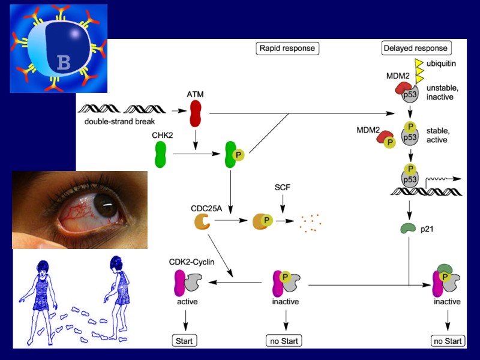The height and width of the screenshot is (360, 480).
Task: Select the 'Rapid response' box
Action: pyautogui.click(x=286, y=48)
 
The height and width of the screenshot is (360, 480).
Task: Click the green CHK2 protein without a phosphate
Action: pyautogui.click(x=160, y=154)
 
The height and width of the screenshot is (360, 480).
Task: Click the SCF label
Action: pyautogui.click(x=282, y=188)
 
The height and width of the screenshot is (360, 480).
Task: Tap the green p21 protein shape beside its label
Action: pyautogui.click(x=410, y=229)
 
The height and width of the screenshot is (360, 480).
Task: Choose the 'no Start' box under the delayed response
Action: pyautogui.click(x=448, y=341)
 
